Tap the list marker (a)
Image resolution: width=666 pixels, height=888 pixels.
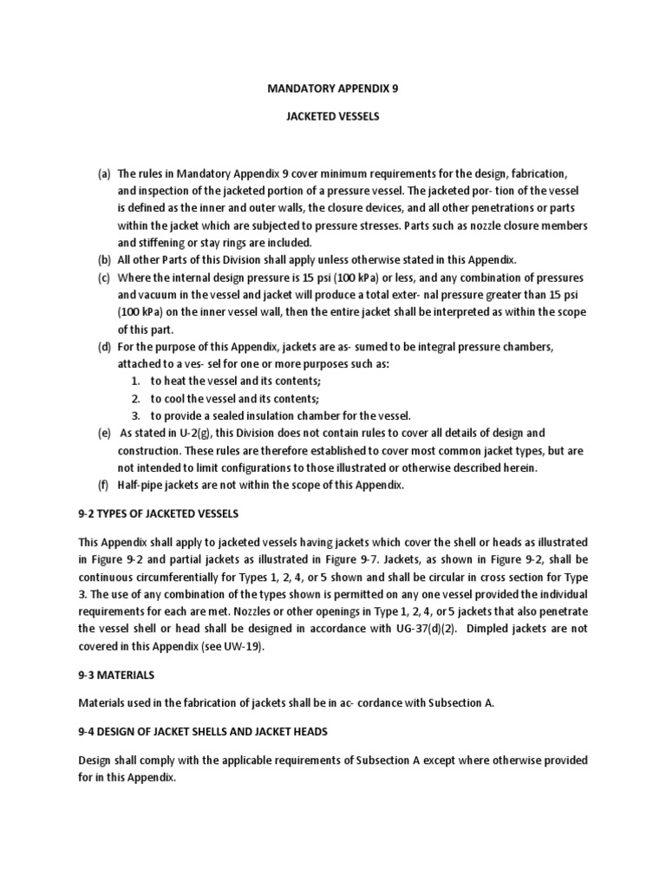click(104, 174)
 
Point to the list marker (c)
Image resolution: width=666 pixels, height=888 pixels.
click(104, 277)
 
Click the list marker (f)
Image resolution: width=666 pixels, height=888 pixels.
click(104, 485)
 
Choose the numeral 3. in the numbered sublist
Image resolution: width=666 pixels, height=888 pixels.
click(136, 415)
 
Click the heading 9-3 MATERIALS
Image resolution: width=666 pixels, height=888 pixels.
click(114, 675)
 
